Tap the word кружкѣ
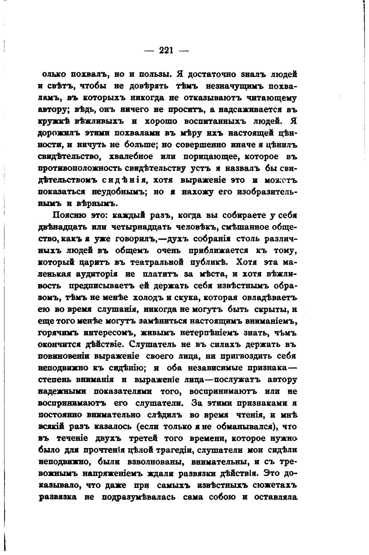click(53, 121)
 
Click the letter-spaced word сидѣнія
click(124, 180)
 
